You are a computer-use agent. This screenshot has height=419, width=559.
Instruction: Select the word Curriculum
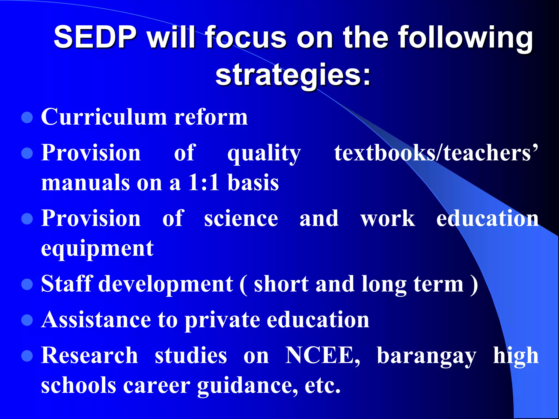[104, 117]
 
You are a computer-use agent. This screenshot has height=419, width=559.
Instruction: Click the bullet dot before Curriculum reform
[27, 118]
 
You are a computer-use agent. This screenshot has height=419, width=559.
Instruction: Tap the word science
[241, 219]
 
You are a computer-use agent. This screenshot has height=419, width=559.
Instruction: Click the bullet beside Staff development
[27, 284]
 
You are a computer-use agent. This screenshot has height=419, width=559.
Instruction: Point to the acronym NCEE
[322, 355]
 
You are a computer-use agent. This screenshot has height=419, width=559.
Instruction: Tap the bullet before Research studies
[27, 356]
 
